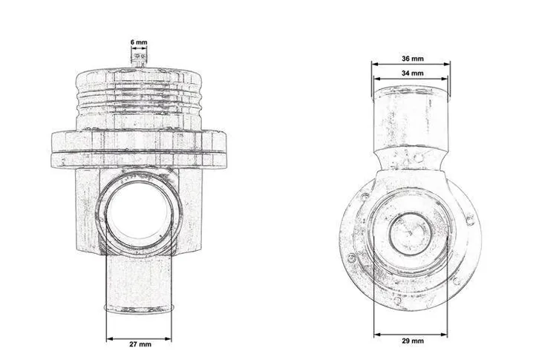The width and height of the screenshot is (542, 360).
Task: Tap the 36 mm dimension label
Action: point(411,57)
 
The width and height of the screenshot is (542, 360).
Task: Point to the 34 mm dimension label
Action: point(411,73)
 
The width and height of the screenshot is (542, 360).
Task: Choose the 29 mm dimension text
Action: point(411,341)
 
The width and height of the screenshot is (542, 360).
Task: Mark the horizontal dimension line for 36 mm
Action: point(411,65)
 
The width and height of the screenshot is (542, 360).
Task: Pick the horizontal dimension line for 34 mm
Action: point(411,81)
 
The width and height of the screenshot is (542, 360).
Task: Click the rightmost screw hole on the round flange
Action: point(468,218)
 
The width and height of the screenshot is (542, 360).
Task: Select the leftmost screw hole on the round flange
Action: point(350,258)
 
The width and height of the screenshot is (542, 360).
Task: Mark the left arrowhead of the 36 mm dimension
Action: point(374,65)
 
